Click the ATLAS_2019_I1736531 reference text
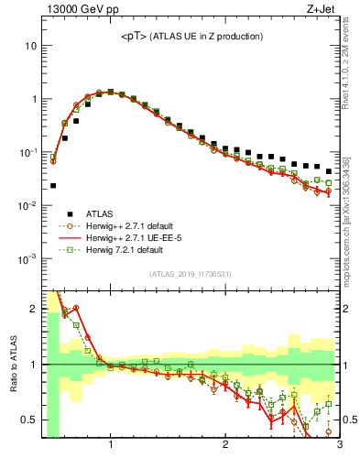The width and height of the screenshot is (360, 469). point(191,274)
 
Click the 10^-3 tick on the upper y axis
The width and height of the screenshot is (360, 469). point(27,258)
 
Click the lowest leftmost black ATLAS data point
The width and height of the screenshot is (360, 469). point(53,185)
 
